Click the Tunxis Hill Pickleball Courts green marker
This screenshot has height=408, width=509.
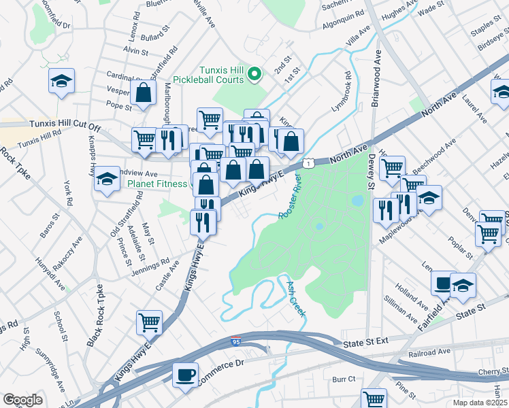255,73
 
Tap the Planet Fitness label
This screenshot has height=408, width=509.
156,184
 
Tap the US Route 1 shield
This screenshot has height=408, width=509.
310,163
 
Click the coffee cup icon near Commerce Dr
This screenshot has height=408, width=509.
185,375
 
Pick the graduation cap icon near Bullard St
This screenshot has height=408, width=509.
62,82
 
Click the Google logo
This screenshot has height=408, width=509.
23,399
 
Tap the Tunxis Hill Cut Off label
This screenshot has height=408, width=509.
65,126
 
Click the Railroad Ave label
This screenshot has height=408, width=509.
429,352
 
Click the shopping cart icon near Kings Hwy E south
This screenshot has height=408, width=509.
150,322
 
